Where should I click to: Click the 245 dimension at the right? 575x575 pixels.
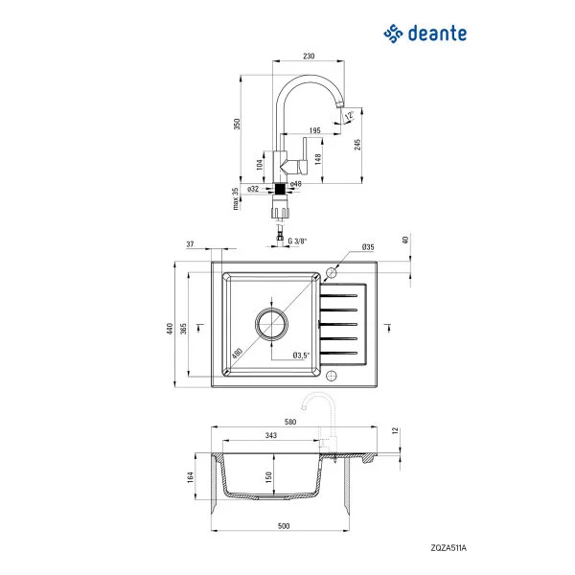click(356, 144)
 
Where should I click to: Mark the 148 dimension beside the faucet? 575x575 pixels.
click(316, 159)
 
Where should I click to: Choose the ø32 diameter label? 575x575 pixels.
click(253, 189)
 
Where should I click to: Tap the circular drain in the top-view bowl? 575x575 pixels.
click(271, 325)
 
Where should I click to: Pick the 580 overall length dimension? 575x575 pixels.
click(289, 422)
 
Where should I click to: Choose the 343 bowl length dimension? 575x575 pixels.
click(271, 436)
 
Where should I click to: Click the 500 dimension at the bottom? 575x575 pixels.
click(284, 526)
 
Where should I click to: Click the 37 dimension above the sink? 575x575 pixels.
click(191, 245)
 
